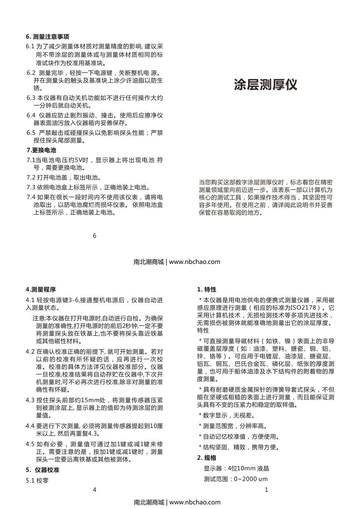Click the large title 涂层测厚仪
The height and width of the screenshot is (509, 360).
(x=265, y=85)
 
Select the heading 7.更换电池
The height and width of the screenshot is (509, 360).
(x=41, y=150)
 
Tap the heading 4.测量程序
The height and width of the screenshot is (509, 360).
(x=41, y=289)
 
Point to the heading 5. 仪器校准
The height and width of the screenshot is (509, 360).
(x=42, y=470)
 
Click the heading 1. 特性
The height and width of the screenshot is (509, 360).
(x=207, y=289)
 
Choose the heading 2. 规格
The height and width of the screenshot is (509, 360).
(x=207, y=458)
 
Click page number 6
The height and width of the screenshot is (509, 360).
(x=94, y=236)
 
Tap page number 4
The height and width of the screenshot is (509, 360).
(x=94, y=490)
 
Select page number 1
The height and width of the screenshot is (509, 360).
(x=266, y=490)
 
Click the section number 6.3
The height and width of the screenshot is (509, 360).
(x=31, y=98)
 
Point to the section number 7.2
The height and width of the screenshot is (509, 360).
(x=31, y=178)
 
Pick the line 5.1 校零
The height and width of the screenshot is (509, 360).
(x=37, y=481)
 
